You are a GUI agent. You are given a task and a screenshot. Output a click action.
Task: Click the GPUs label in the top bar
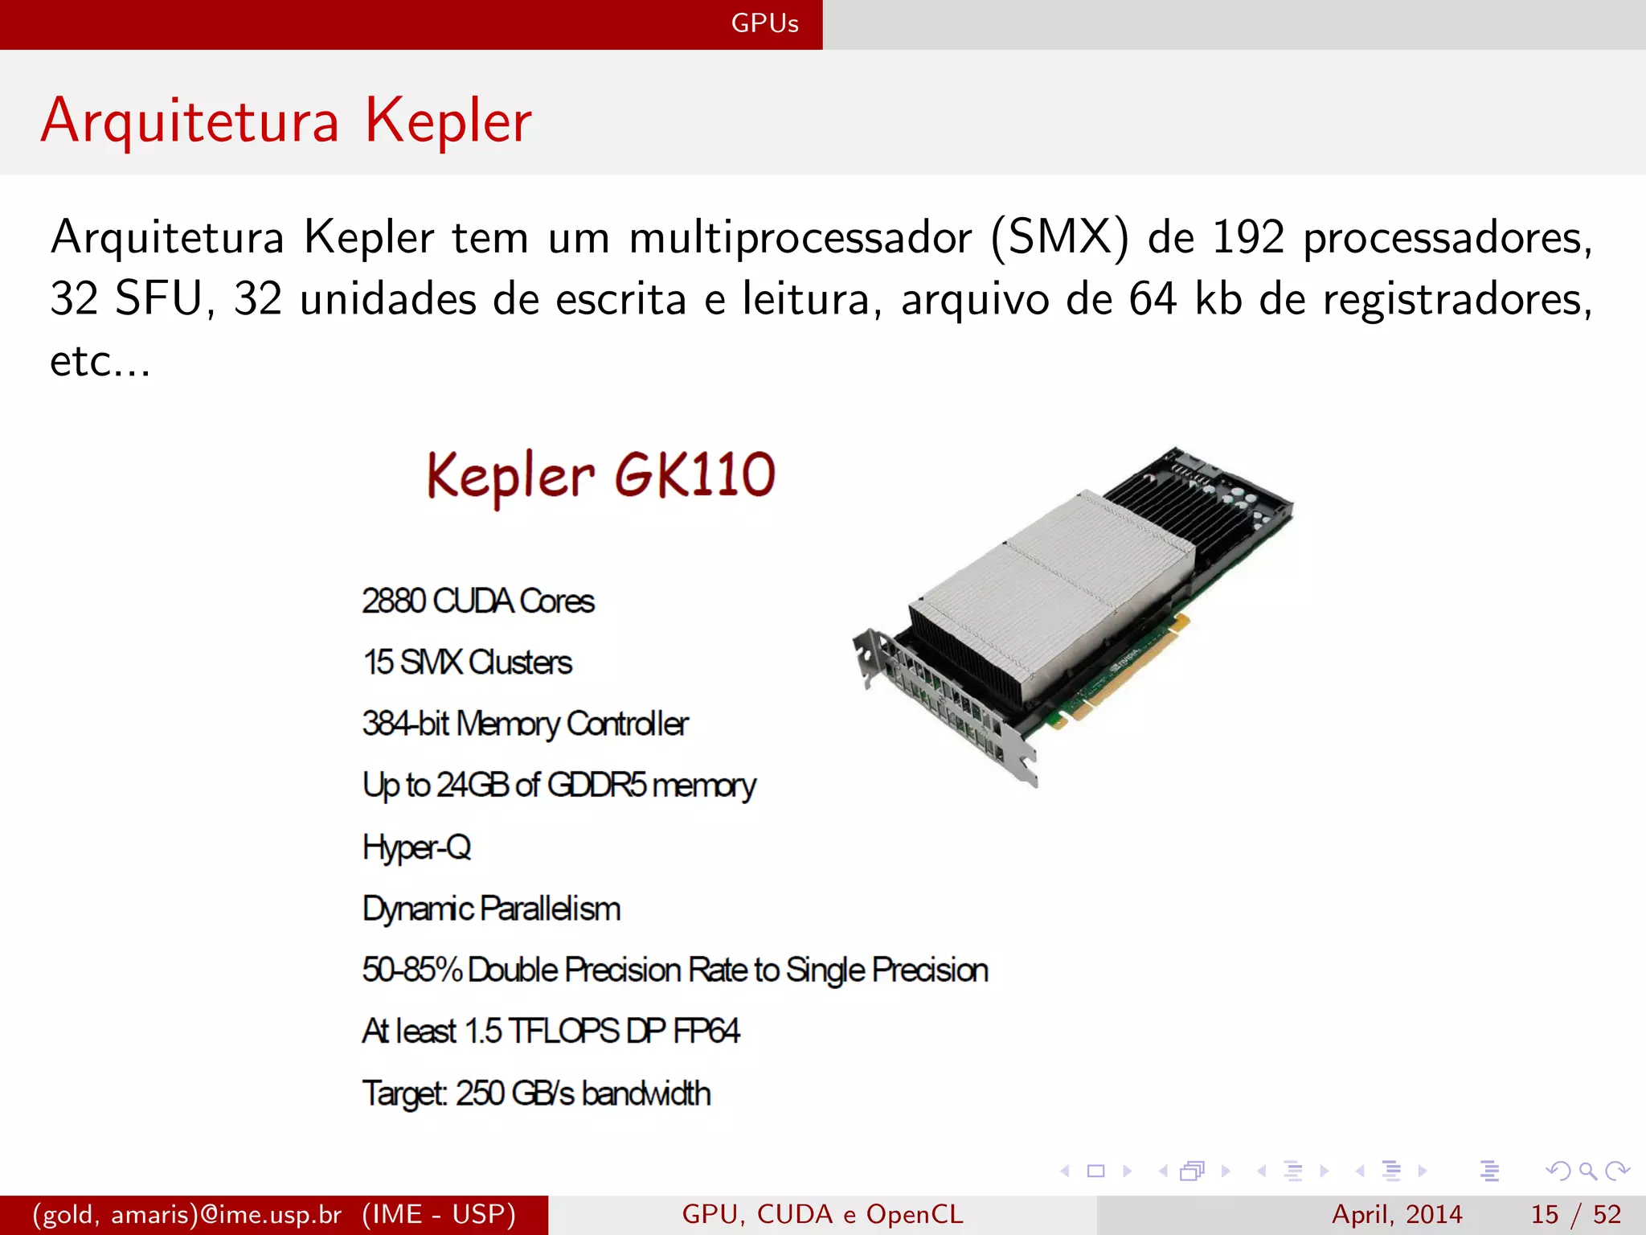(x=764, y=23)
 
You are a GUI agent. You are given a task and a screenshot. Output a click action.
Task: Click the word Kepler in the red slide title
(x=448, y=121)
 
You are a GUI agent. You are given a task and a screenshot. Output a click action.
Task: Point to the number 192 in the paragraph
(x=1247, y=238)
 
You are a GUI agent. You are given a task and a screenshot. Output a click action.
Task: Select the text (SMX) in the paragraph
(x=1059, y=238)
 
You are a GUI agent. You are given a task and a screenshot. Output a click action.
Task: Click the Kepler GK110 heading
(x=601, y=475)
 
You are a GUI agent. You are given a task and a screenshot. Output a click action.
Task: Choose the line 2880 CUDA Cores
(x=478, y=601)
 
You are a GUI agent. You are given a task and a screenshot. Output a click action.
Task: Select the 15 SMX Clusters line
(x=467, y=663)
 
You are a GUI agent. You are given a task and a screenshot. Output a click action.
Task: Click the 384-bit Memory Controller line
(x=525, y=724)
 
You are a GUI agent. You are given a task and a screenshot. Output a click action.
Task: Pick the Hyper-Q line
(x=416, y=847)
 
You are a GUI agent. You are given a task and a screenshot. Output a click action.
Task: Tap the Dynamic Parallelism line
(x=491, y=909)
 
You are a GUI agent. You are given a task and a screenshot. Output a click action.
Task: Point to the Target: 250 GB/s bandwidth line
(x=536, y=1093)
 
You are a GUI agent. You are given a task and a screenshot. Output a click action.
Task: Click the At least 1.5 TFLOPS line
(x=551, y=1032)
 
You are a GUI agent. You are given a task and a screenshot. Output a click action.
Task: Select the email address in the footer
(x=187, y=1214)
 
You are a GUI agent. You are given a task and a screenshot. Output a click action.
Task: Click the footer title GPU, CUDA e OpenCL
(x=822, y=1214)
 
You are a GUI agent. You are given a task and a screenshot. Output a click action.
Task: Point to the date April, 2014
(x=1397, y=1214)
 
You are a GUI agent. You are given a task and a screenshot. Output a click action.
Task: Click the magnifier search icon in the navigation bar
(x=1587, y=1171)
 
